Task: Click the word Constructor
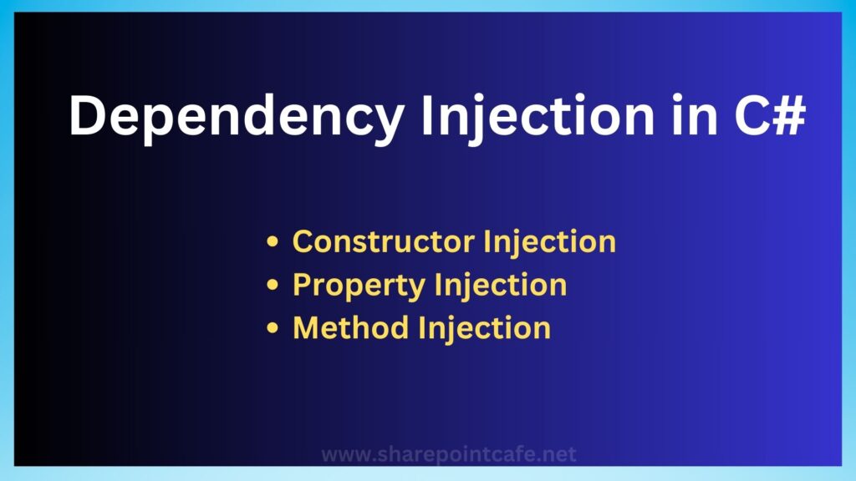(x=383, y=241)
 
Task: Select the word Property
(x=359, y=286)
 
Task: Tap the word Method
(x=351, y=327)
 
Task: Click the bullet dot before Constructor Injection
(x=273, y=241)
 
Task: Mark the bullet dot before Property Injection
(x=273, y=285)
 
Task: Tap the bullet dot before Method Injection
(x=273, y=327)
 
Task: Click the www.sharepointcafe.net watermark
(x=449, y=454)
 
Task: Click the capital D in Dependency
(x=87, y=115)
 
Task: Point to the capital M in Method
(x=308, y=327)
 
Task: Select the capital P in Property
(x=303, y=284)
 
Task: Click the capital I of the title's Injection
(x=427, y=115)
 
